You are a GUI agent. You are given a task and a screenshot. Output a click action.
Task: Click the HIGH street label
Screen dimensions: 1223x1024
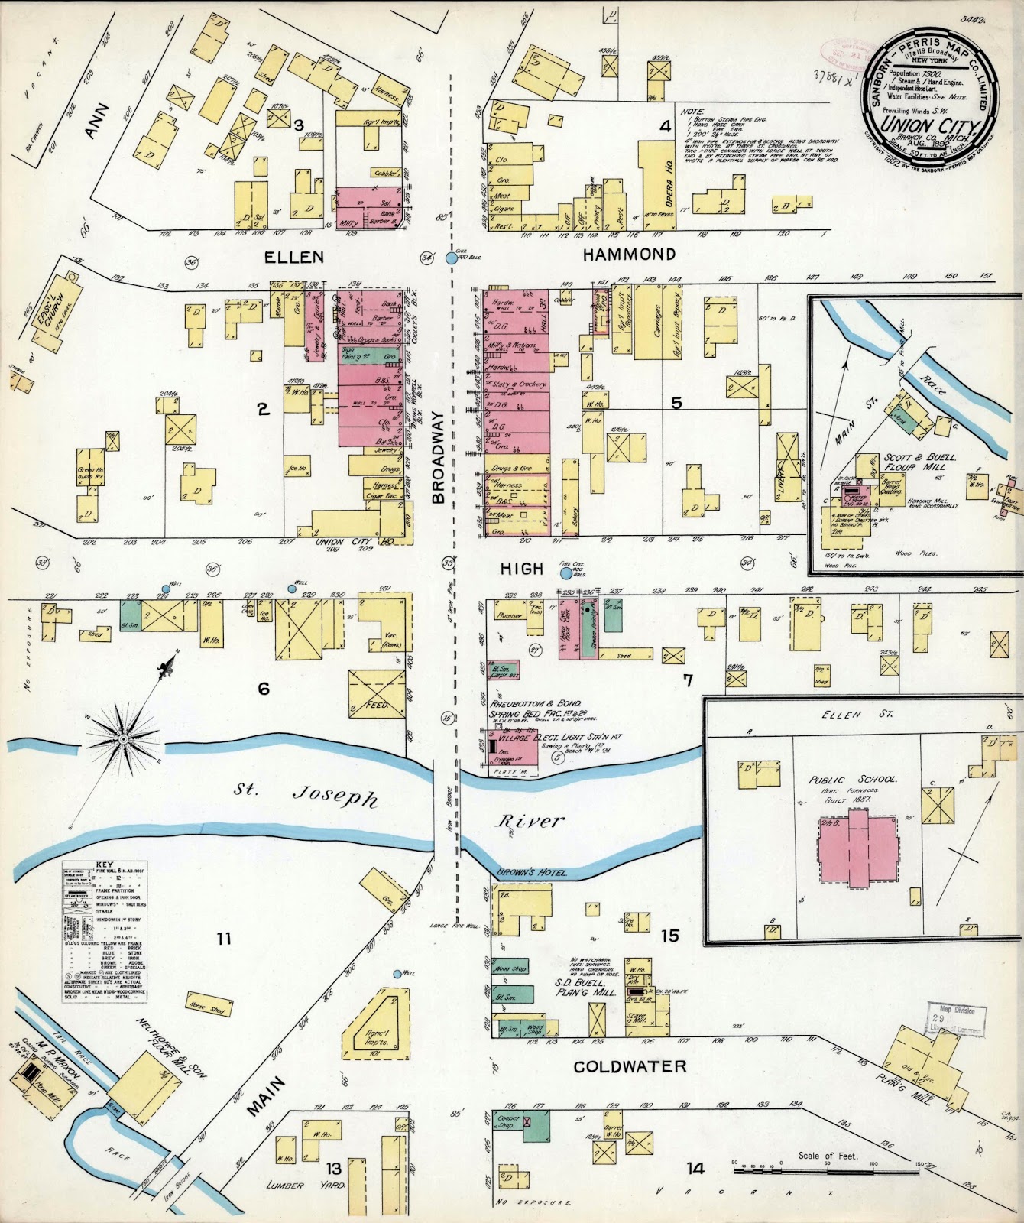click(521, 569)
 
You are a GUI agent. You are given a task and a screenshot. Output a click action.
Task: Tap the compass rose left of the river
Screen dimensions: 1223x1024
click(122, 738)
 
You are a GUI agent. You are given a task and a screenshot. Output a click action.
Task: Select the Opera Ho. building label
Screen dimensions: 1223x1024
click(666, 180)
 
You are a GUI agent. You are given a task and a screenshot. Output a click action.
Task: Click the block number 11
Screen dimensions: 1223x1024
click(222, 939)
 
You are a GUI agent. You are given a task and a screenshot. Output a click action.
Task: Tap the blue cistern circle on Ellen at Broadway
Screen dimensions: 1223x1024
click(452, 258)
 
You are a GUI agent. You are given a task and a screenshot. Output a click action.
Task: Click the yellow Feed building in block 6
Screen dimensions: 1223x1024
click(376, 694)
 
